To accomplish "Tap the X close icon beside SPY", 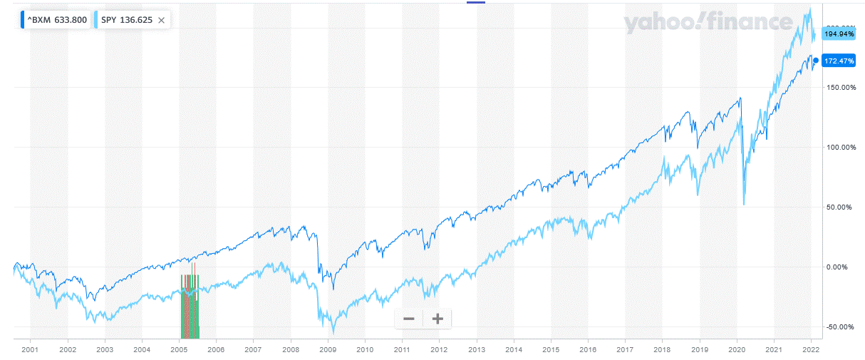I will pos(162,20).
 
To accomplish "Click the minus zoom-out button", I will pos(409,319).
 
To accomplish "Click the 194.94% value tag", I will pos(839,34).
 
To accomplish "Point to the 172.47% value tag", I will pos(839,61).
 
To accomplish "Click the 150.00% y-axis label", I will pos(838,88).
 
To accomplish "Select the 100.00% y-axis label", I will pos(838,148).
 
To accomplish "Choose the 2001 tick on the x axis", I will pos(30,350).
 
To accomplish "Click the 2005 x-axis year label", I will pos(179,350).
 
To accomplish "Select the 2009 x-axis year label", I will pos(328,350).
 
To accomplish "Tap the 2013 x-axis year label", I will pos(477,350).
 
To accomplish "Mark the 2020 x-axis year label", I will pos(737,350).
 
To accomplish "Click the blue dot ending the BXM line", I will pos(816,61).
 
